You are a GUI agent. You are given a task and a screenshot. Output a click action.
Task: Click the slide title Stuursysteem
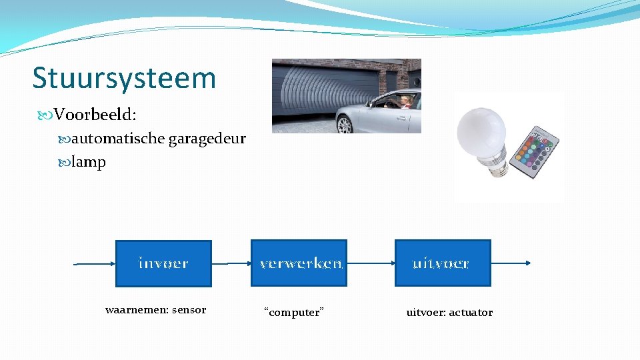click(124, 78)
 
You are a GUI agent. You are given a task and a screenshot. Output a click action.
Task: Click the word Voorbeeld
click(95, 115)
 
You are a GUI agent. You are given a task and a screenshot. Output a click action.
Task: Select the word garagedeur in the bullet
click(207, 139)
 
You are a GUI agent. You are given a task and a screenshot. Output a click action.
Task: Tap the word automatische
click(118, 139)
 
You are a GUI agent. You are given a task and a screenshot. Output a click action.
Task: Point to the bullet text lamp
click(89, 162)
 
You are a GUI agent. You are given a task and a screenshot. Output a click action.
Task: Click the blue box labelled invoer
click(163, 263)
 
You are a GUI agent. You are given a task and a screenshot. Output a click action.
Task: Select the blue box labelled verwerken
click(299, 263)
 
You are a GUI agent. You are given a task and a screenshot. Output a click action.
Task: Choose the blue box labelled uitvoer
click(442, 263)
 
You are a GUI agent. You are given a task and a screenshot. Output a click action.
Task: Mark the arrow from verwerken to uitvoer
click(371, 263)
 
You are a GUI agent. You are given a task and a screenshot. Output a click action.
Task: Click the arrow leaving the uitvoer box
click(510, 263)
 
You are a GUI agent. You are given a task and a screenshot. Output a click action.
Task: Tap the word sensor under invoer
click(189, 310)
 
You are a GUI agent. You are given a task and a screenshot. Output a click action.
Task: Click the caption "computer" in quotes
click(294, 312)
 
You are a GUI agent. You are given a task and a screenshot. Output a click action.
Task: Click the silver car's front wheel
click(346, 125)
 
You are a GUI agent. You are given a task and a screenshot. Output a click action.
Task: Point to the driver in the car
click(405, 101)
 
